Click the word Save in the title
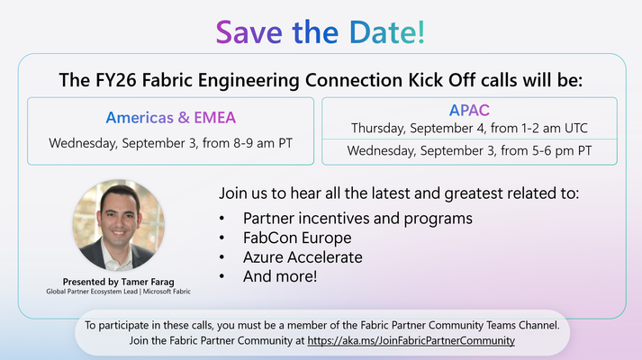(249, 31)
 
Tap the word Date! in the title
(387, 31)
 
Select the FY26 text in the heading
(116, 80)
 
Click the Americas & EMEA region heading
(171, 118)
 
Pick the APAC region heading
(469, 110)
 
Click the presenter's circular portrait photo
(119, 225)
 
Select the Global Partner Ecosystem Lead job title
(92, 292)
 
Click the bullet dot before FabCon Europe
(222, 238)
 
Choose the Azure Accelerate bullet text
(303, 257)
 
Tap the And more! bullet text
(280, 276)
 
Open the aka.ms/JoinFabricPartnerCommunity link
(411, 341)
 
